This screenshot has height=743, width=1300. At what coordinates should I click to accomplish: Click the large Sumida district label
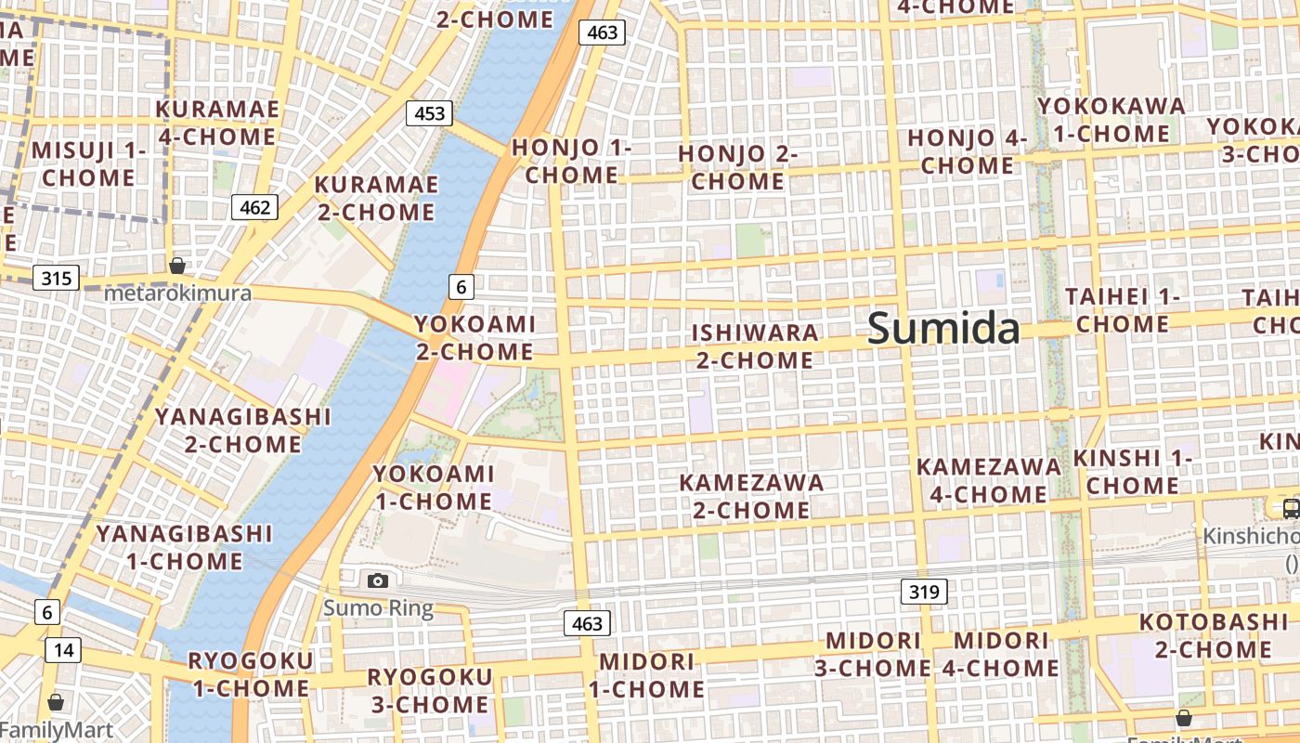943,329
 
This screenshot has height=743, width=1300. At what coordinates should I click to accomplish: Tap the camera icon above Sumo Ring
378,580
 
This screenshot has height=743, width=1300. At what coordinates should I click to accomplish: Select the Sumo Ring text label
378,609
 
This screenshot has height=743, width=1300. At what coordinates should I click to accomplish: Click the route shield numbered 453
429,113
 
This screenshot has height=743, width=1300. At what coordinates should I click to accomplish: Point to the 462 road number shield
254,207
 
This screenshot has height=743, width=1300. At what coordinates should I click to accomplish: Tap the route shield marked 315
57,277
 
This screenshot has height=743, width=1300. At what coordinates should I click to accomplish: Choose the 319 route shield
924,591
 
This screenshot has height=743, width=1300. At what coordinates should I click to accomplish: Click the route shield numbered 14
62,650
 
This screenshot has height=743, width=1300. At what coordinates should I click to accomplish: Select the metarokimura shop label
177,293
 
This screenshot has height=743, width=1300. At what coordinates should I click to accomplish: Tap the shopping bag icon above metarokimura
177,267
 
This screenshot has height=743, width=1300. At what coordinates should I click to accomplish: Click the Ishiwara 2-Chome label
755,345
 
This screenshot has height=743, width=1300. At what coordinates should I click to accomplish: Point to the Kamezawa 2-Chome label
751,496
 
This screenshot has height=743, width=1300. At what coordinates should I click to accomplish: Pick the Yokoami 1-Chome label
433,488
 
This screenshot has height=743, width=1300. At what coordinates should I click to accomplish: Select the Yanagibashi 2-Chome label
242,429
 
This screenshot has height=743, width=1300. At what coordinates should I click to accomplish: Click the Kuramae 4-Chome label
217,123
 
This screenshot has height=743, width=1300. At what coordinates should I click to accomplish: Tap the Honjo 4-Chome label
967,151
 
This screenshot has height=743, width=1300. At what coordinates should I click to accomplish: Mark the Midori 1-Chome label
646,675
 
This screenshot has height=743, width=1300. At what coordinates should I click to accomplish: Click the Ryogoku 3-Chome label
429,690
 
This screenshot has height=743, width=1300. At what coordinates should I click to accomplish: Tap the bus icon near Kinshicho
1291,507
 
